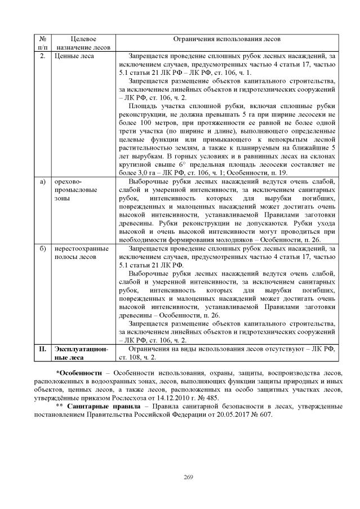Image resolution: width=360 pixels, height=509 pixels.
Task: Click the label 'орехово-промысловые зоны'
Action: tap(76, 190)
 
